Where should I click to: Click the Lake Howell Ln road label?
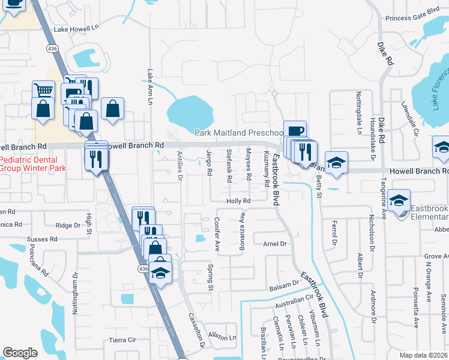click(76, 28)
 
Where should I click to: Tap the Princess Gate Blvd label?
click(413, 16)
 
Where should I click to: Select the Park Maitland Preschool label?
click(239, 133)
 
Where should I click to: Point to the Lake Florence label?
click(441, 90)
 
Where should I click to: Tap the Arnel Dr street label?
click(276, 244)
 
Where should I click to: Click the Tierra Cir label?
click(124, 340)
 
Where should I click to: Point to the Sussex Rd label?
click(42, 239)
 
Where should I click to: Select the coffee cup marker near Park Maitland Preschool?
click(295, 130)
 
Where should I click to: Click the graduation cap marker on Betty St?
click(336, 162)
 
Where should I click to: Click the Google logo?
click(20, 353)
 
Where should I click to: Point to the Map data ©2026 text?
click(424, 355)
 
